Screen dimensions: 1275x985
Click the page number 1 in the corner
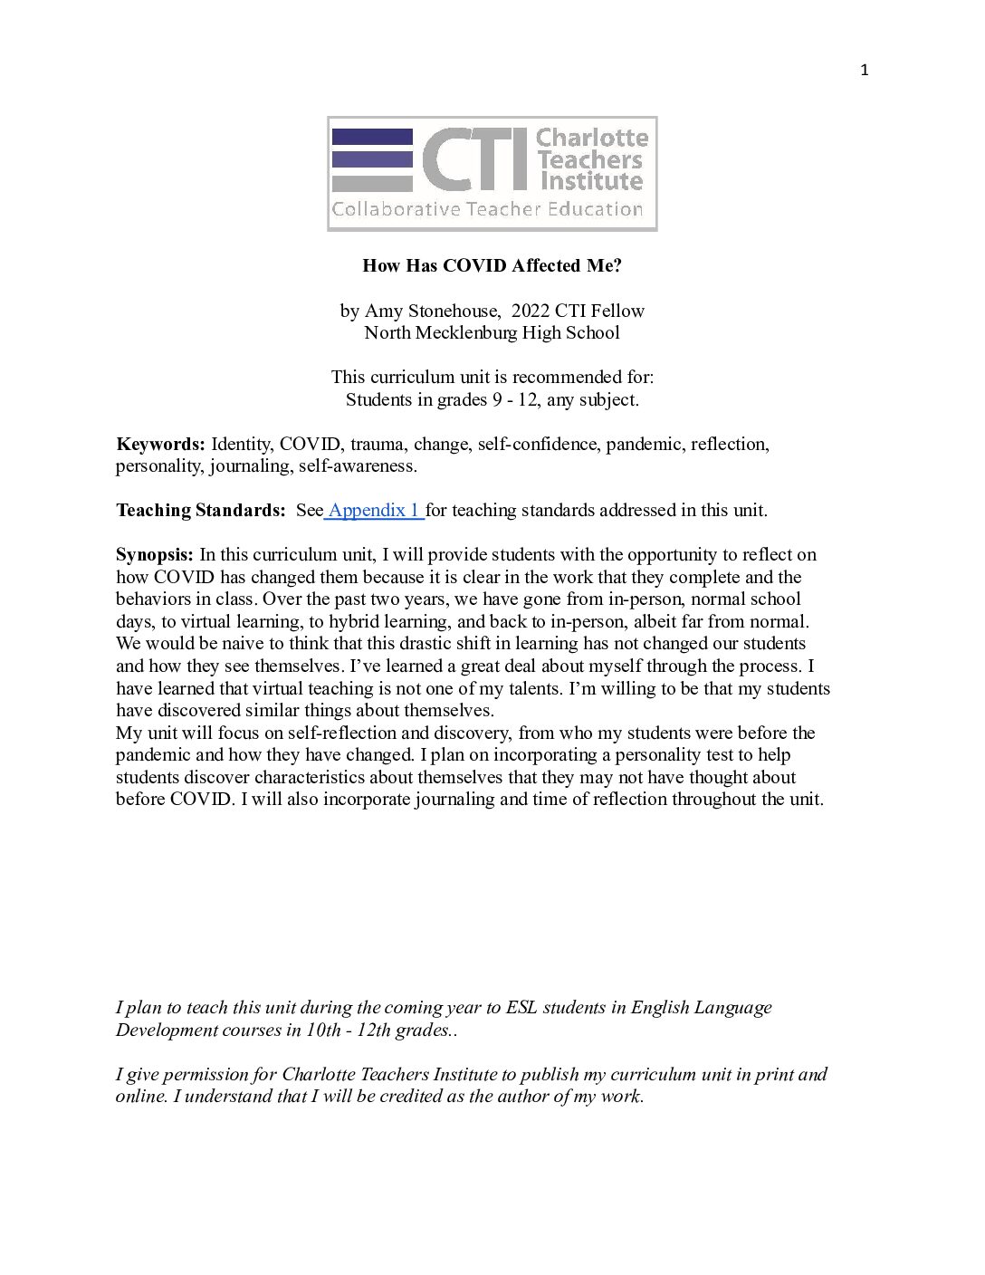tap(864, 71)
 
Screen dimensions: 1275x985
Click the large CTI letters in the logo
tap(473, 159)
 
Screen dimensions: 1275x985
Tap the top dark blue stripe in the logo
tap(372, 137)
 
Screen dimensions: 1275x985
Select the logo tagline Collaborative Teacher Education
tap(487, 210)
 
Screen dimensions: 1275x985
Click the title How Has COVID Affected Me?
tap(492, 265)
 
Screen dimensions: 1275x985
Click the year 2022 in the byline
tap(531, 311)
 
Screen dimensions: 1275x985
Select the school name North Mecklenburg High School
tap(492, 332)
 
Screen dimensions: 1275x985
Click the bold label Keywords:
tap(160, 444)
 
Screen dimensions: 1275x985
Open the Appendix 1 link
tap(374, 510)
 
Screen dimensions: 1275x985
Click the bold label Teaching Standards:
tap(201, 510)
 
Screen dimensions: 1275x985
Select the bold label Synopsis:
tap(155, 554)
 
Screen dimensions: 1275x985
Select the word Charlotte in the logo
tap(592, 139)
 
